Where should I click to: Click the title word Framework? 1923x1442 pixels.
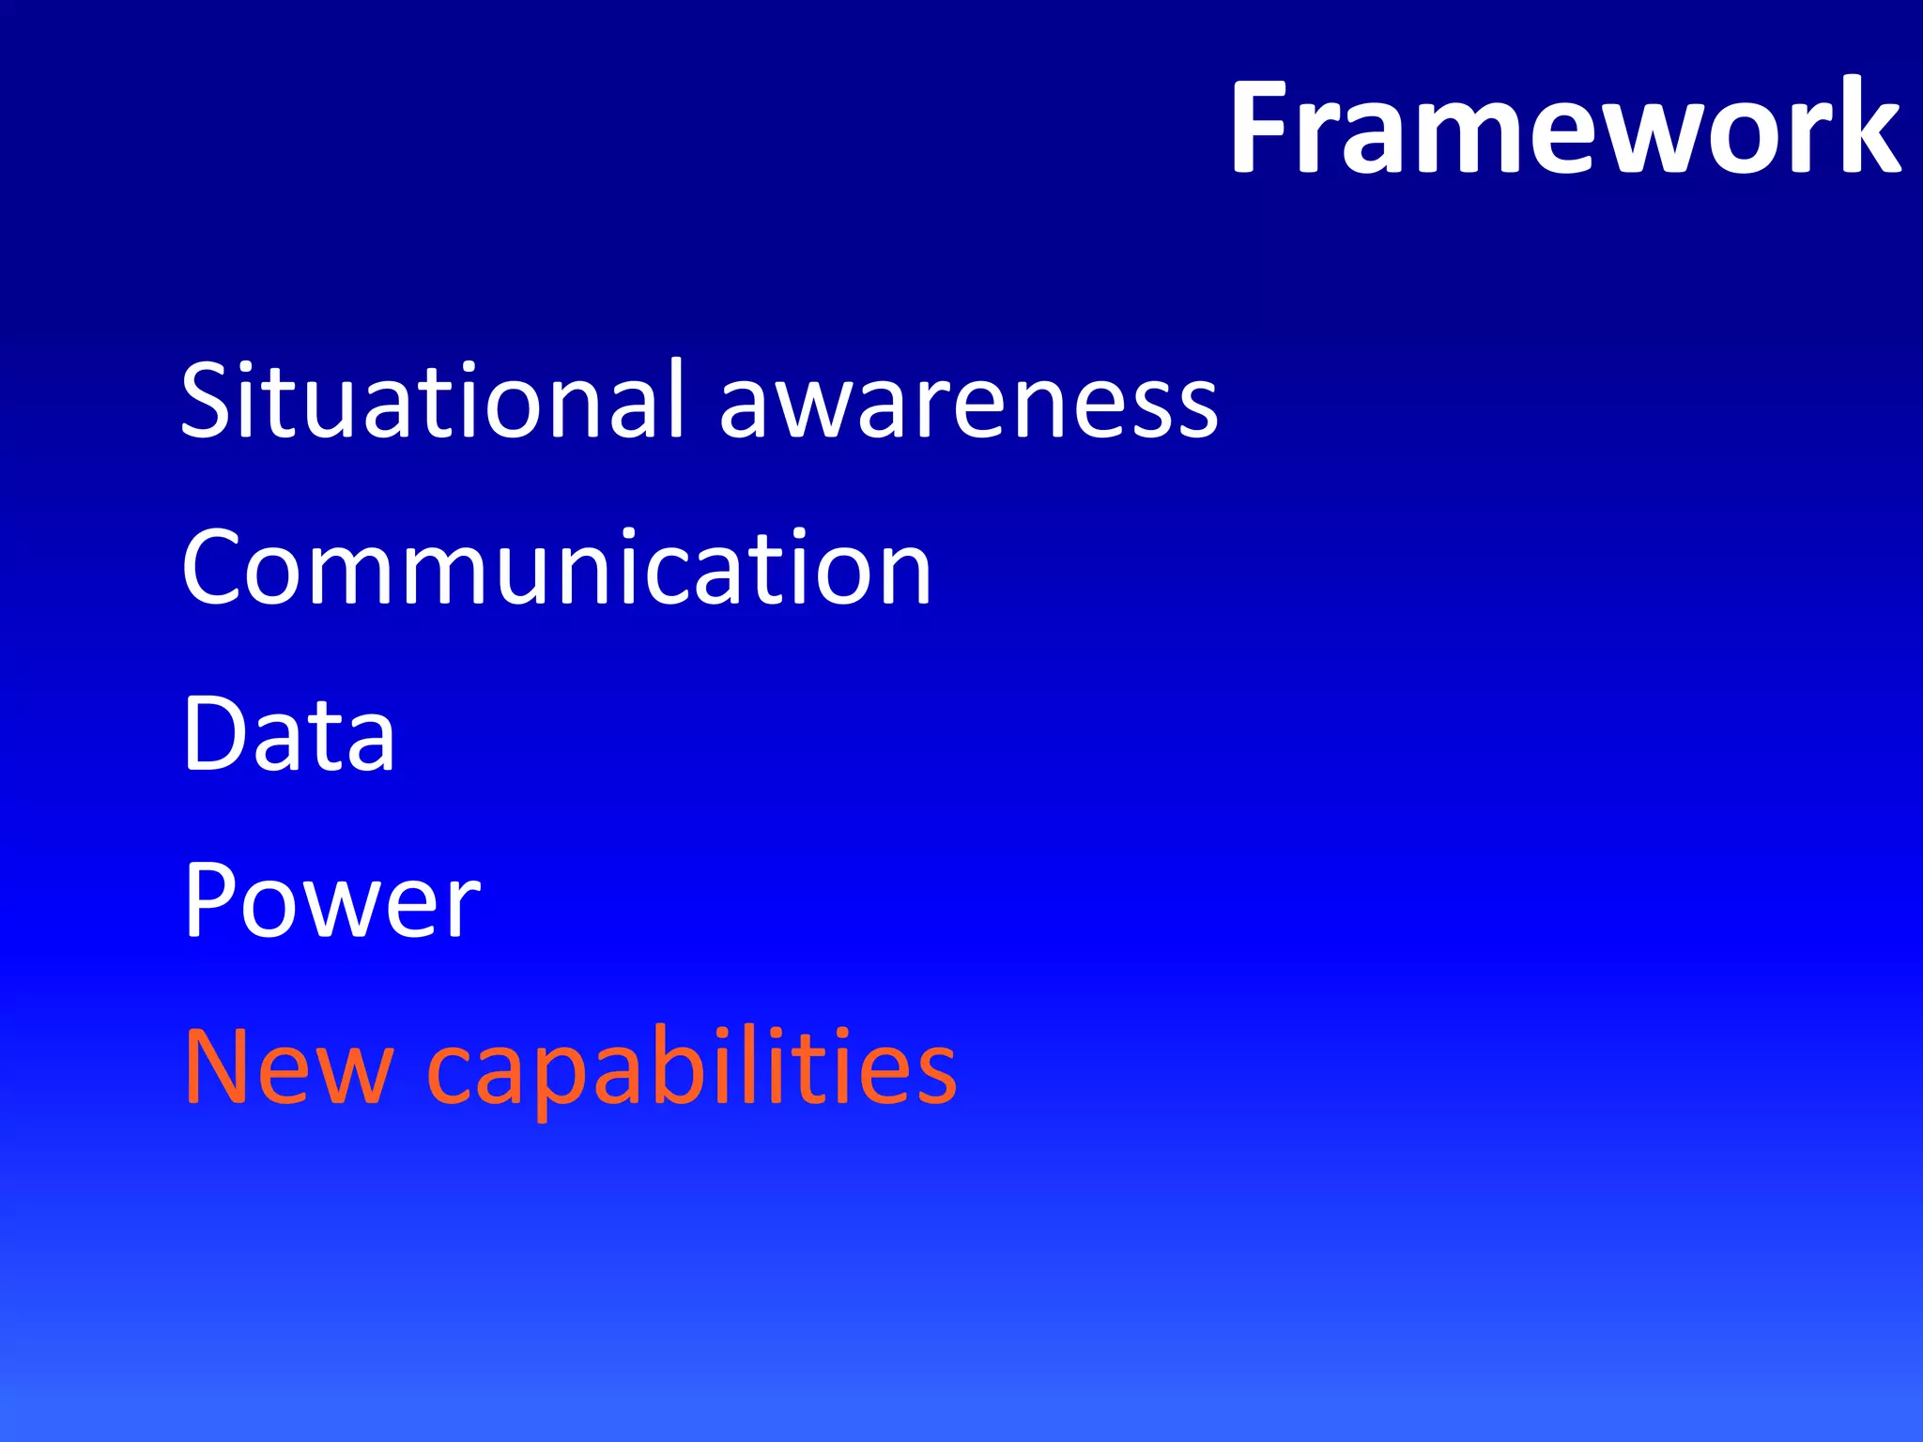[x=1565, y=127]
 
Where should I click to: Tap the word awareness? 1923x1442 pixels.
[x=968, y=404]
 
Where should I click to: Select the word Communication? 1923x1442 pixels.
[x=557, y=567]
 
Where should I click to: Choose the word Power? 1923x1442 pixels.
[x=331, y=900]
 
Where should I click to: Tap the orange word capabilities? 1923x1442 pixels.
[x=692, y=1070]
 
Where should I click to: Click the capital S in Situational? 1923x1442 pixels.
[x=208, y=401]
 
